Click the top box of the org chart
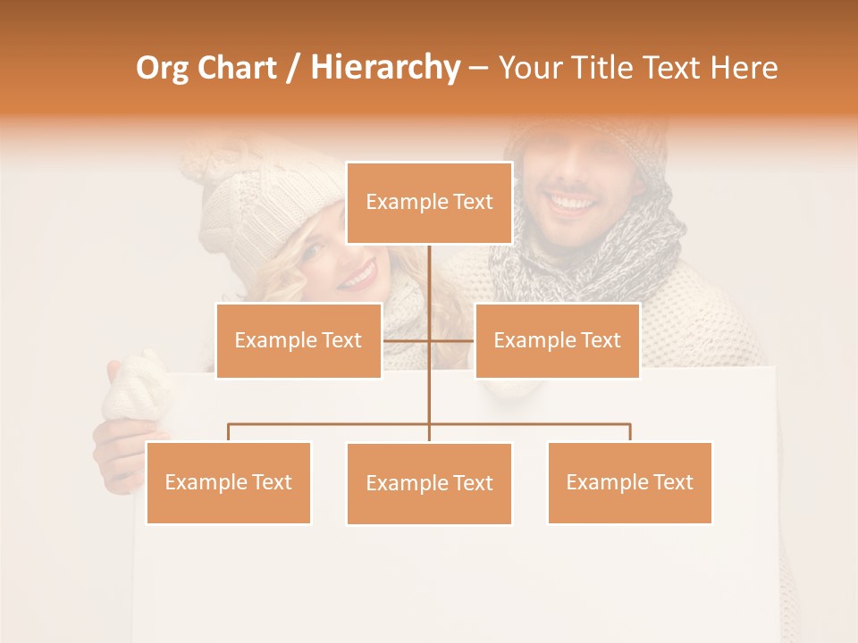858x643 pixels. [429, 203]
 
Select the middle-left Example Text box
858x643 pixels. [299, 340]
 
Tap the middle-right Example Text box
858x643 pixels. [557, 340]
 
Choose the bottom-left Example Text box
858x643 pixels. [229, 482]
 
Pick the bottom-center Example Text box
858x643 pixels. [429, 483]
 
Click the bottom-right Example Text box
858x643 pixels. [629, 482]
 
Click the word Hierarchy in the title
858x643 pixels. [385, 68]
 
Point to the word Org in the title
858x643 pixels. [164, 68]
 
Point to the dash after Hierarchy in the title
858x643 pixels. [478, 68]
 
